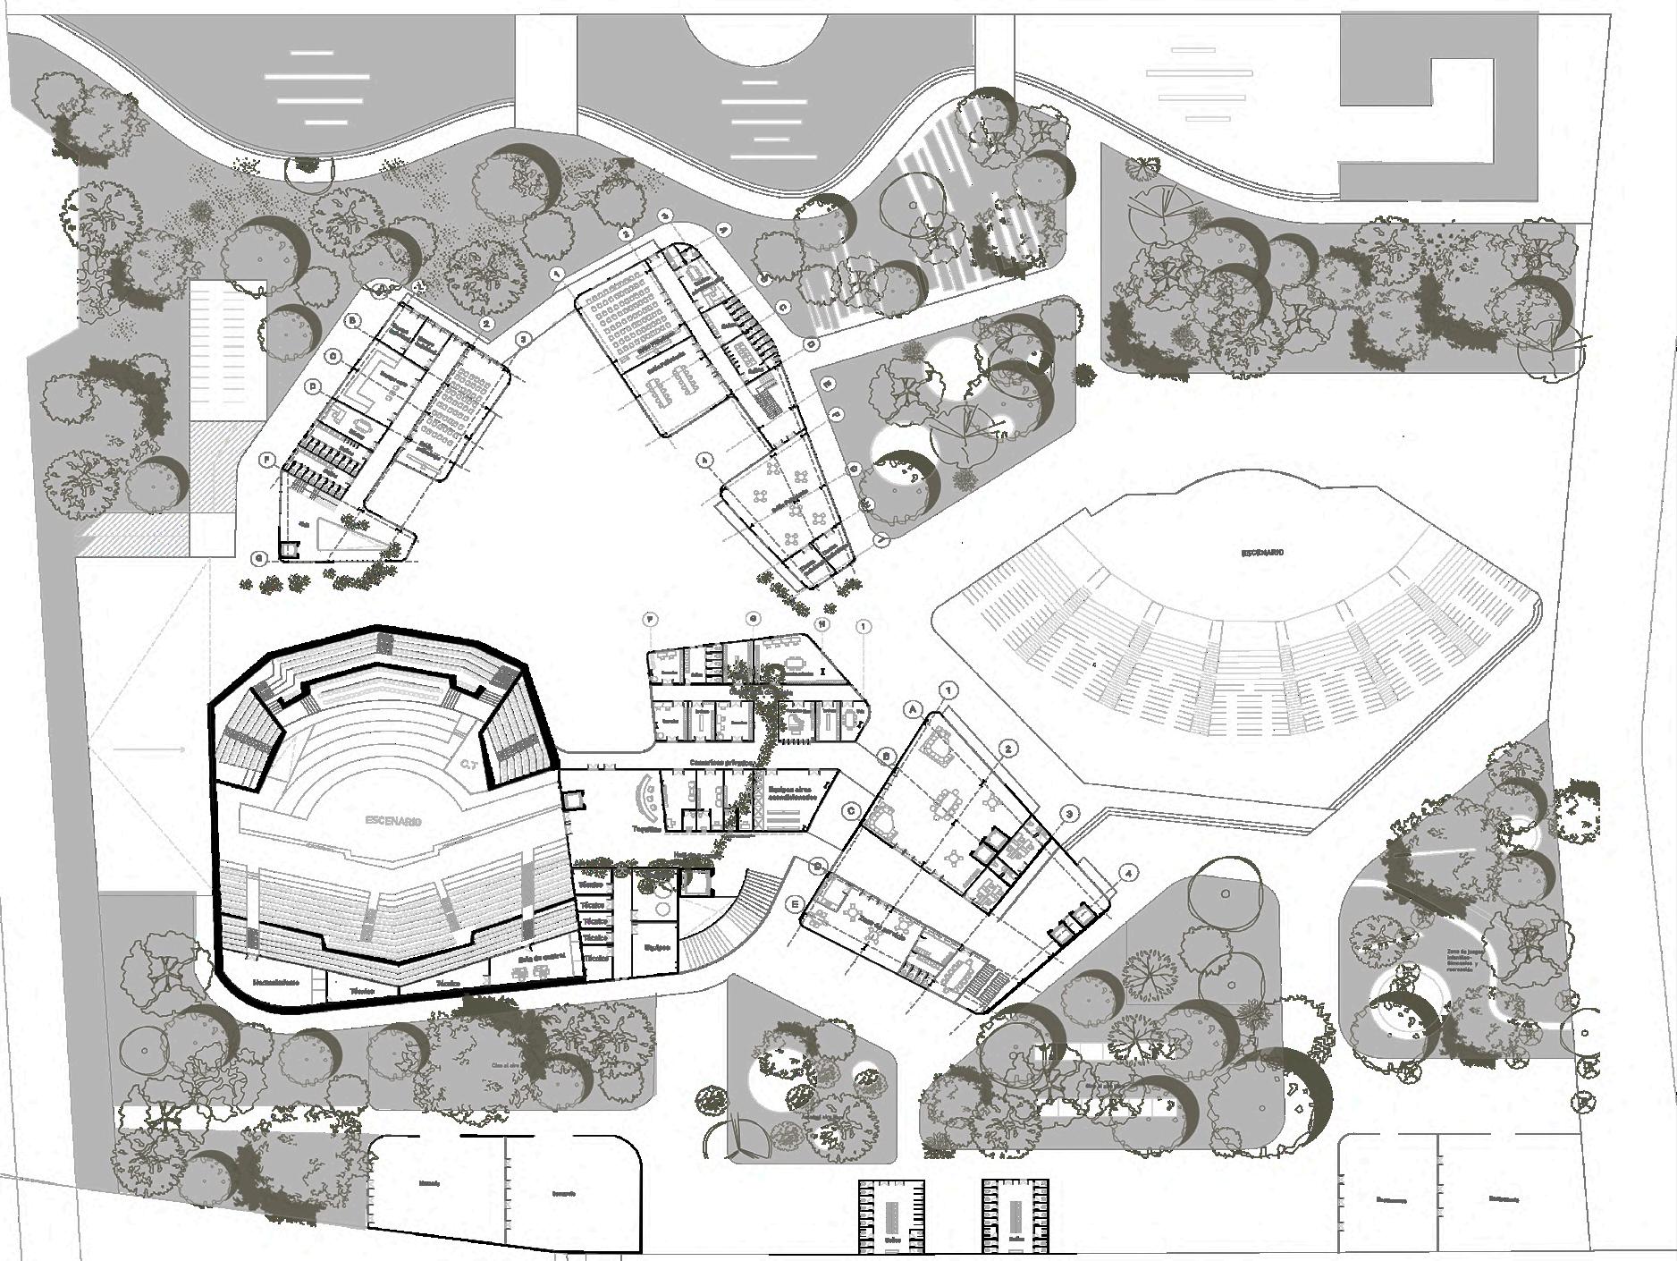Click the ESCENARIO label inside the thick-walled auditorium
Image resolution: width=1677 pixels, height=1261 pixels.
pyautogui.click(x=392, y=820)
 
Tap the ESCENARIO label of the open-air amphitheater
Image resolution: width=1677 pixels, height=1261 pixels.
pyautogui.click(x=1261, y=553)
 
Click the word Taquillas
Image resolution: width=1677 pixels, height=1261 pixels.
pyautogui.click(x=646, y=829)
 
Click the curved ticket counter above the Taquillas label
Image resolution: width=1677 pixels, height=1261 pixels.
pyautogui.click(x=644, y=793)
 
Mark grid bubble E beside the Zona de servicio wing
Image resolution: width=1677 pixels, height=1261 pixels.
pyautogui.click(x=795, y=904)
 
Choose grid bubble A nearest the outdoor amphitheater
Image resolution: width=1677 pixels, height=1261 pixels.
pyautogui.click(x=914, y=707)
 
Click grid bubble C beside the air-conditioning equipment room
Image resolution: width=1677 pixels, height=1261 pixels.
pyautogui.click(x=852, y=811)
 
